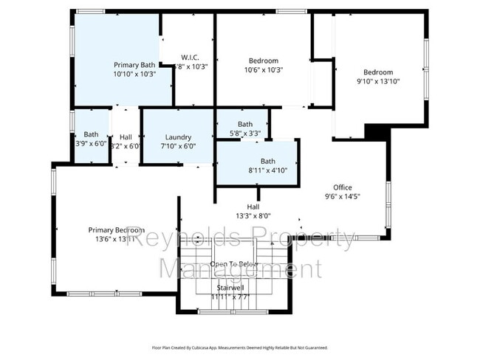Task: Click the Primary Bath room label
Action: click(x=134, y=64)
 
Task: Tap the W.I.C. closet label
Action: click(x=189, y=58)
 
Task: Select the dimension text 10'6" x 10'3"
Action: click(x=263, y=69)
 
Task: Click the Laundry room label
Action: click(x=178, y=136)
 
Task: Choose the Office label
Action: click(x=342, y=187)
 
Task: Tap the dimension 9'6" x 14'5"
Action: click(x=342, y=196)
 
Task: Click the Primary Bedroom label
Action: click(x=116, y=229)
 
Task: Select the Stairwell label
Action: click(x=231, y=287)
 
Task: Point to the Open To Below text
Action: click(x=231, y=264)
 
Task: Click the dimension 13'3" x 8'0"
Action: click(x=253, y=216)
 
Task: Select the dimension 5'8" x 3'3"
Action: click(x=244, y=134)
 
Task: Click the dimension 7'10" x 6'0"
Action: click(x=178, y=146)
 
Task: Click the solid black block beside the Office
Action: click(x=376, y=131)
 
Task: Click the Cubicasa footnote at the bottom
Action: click(x=239, y=347)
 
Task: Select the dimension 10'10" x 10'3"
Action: click(x=134, y=74)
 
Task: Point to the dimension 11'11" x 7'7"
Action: click(x=231, y=296)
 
